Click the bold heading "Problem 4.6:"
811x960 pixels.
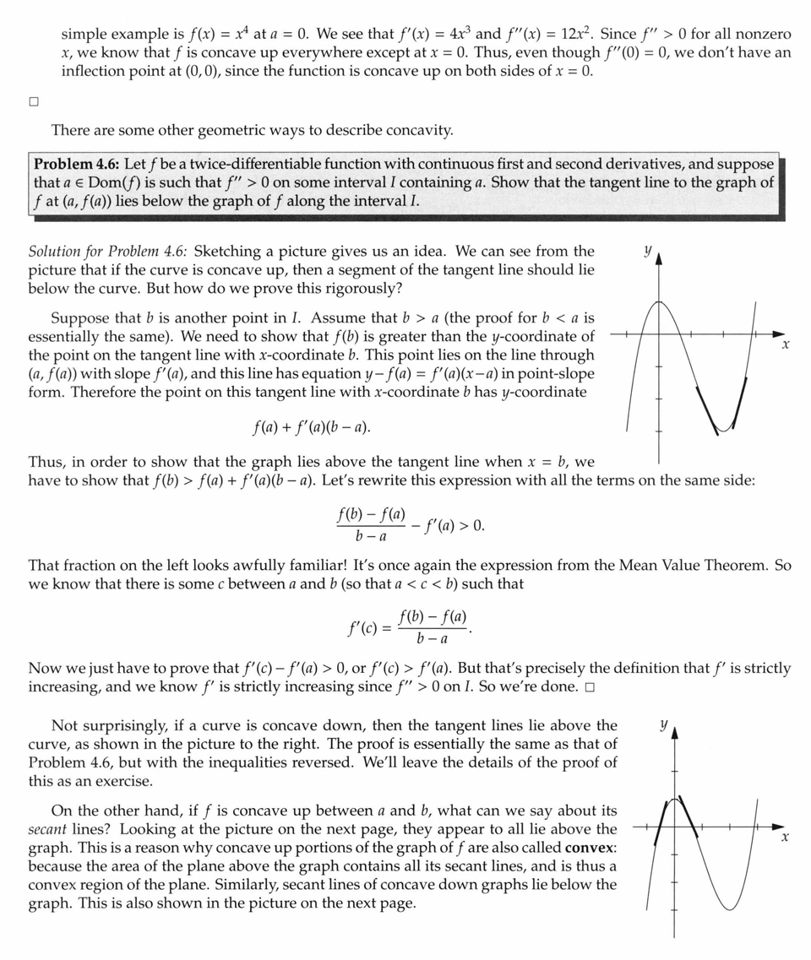click(76, 165)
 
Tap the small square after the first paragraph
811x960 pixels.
click(34, 102)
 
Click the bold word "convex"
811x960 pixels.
click(590, 847)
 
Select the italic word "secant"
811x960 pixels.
click(48, 829)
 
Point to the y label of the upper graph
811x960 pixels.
click(647, 250)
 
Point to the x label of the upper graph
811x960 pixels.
click(786, 344)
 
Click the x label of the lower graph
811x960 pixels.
click(786, 837)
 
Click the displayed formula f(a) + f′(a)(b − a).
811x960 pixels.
click(312, 426)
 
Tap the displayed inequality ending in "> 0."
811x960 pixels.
click(410, 525)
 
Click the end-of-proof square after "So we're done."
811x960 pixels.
click(589, 686)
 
